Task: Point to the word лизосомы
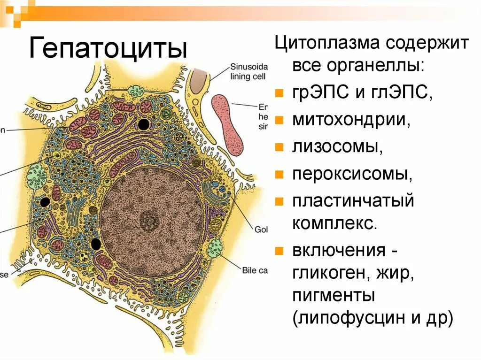(x=335, y=147)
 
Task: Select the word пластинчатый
(x=353, y=201)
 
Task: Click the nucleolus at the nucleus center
(x=150, y=219)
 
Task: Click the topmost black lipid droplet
(x=144, y=124)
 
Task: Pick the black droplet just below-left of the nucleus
(x=96, y=244)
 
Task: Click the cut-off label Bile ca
(x=255, y=270)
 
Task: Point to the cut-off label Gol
(x=261, y=230)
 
